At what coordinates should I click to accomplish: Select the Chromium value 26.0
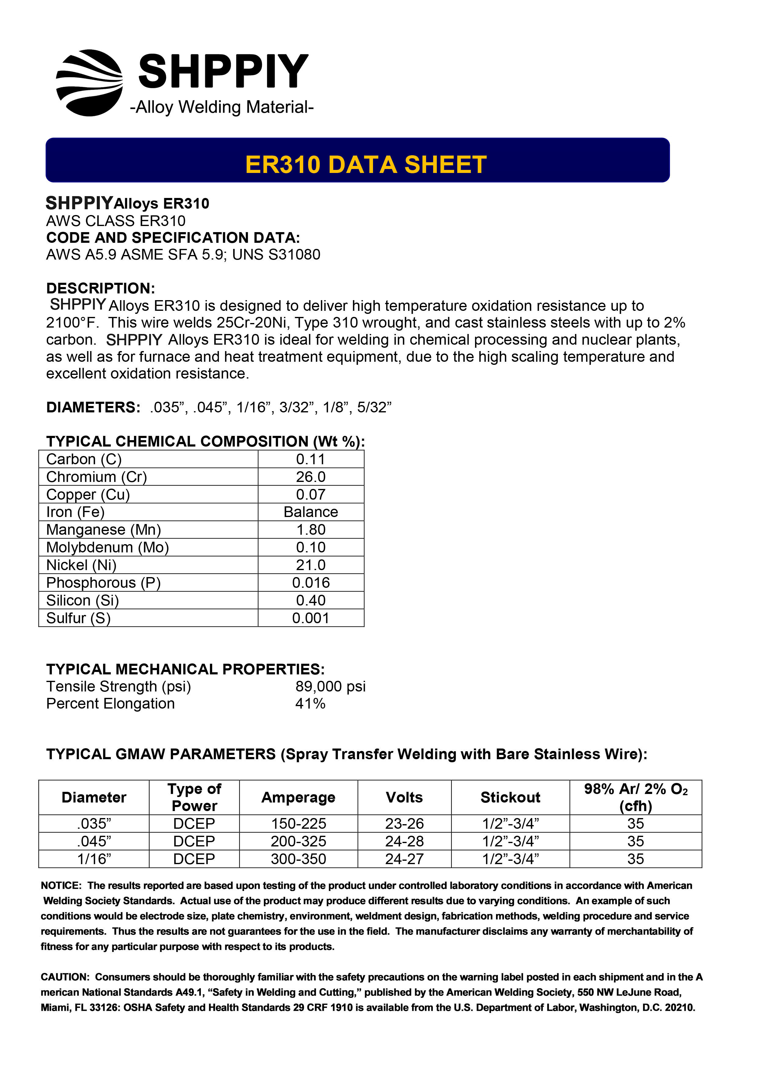click(x=311, y=477)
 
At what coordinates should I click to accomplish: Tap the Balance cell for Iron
click(x=311, y=512)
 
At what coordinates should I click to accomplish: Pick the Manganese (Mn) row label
click(x=103, y=530)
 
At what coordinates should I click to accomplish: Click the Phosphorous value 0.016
click(x=311, y=583)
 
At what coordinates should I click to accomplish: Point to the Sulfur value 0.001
click(x=311, y=618)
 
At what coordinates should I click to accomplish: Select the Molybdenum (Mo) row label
click(x=107, y=547)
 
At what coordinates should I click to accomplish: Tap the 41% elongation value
click(x=310, y=703)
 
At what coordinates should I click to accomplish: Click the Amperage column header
click(x=299, y=797)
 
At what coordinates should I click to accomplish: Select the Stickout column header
click(x=510, y=797)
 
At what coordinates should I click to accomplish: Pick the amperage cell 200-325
click(x=299, y=841)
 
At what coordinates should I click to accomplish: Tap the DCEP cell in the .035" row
click(x=194, y=824)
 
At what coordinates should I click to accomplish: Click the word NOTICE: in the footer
click(x=61, y=885)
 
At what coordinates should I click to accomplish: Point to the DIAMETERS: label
click(x=93, y=407)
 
